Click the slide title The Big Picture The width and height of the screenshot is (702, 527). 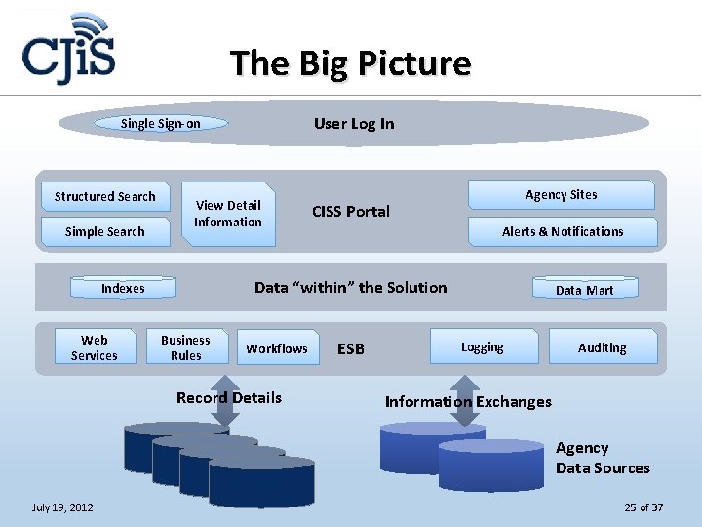(x=351, y=63)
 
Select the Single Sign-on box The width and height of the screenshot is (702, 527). (x=161, y=124)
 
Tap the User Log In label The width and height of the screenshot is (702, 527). (x=354, y=123)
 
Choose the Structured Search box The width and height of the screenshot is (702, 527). (x=105, y=196)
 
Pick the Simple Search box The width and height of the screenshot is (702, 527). (x=105, y=231)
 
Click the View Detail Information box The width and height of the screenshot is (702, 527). (x=228, y=214)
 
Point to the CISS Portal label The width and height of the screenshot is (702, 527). (x=351, y=211)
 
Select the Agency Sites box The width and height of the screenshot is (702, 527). (x=561, y=195)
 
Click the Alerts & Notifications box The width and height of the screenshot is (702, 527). (x=563, y=231)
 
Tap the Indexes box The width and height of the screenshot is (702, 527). (x=123, y=288)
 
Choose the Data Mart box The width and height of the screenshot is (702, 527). (x=584, y=289)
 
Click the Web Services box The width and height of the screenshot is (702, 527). (x=95, y=347)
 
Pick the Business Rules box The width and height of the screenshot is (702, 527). (x=186, y=347)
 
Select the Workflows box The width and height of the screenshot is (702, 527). (x=277, y=348)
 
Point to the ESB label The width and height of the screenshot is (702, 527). (x=351, y=348)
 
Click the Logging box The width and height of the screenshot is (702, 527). (x=483, y=346)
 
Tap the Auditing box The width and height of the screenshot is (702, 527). (x=602, y=347)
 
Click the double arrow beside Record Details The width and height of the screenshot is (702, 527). (x=225, y=408)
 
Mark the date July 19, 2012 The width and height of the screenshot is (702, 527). (x=63, y=507)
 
